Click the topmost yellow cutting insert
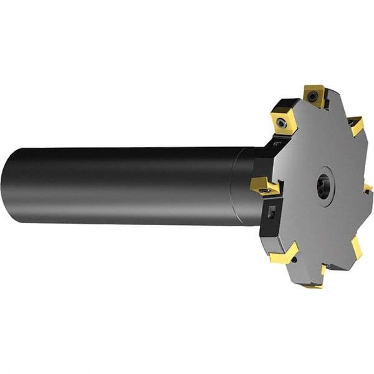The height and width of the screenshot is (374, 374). point(315,95)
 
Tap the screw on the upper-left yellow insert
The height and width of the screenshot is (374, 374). point(284,123)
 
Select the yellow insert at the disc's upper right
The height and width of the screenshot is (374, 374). point(356,125)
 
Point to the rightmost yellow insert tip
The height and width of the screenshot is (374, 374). point(368,188)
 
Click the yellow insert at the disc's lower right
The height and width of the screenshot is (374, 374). point(356,247)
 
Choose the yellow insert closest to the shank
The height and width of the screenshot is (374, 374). point(264,185)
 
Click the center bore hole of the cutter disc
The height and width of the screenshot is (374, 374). point(324,188)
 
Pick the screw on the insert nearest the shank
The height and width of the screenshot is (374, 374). point(265,186)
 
